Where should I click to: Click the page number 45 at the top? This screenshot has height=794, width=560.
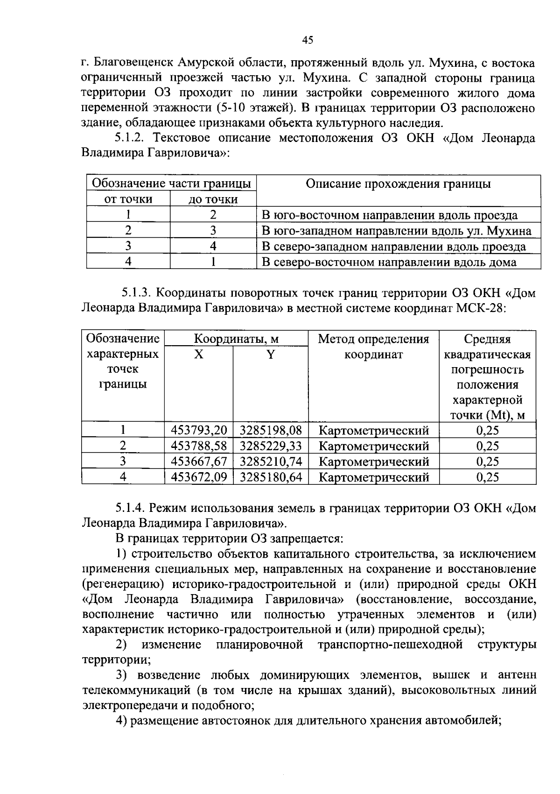point(308,40)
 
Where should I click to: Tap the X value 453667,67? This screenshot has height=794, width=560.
point(199,461)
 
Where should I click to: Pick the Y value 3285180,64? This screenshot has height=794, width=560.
point(271,477)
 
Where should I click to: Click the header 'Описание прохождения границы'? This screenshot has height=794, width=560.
point(398,184)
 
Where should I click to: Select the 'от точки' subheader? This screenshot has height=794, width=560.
point(128,199)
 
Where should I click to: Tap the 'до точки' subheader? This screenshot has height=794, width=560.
point(213,199)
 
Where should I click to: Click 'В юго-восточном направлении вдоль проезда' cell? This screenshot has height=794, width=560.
point(389,215)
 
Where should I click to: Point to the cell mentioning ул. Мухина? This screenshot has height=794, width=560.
point(396,231)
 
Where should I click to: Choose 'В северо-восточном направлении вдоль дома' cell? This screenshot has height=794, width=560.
point(389,262)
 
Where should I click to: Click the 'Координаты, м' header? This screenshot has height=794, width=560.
point(236,339)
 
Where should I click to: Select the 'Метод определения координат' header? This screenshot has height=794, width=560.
point(373,347)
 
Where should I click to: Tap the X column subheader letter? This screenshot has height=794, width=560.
point(199,354)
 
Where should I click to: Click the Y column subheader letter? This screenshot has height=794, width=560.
point(271,354)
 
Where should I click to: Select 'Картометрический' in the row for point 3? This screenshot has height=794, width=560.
point(373,461)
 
